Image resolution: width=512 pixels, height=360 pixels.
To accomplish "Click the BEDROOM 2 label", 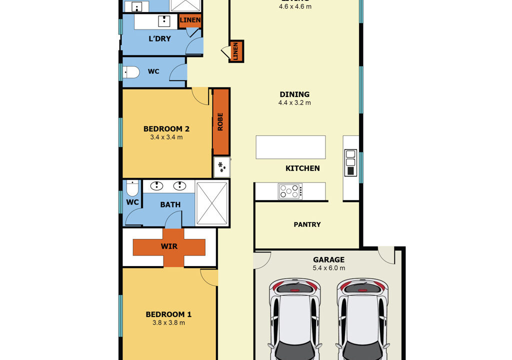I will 166,128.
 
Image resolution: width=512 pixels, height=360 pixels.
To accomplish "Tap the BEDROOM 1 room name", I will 168,314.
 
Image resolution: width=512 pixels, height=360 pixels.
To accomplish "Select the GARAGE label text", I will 328,259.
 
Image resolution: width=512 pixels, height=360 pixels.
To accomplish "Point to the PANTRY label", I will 307,224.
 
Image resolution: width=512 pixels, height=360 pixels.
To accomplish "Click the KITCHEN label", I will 302,168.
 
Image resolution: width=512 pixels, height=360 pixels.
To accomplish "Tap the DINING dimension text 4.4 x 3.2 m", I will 294,103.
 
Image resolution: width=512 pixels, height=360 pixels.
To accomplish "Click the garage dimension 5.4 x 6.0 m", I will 328,268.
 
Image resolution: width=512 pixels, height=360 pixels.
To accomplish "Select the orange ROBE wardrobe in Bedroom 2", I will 220,121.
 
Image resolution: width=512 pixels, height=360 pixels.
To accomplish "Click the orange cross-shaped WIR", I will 168,247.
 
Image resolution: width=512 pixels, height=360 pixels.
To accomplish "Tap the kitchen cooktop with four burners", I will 290,191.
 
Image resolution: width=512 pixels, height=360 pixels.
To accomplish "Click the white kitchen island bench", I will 290,147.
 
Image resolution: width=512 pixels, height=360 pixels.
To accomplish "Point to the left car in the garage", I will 295,320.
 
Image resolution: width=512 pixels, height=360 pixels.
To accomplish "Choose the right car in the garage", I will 362,320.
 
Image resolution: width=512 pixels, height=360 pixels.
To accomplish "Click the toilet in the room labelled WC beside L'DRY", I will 131,72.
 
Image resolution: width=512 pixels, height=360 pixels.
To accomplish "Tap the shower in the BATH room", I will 212,203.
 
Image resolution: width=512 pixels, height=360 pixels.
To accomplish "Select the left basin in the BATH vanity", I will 157,186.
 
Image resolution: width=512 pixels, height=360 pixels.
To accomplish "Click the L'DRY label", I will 159,38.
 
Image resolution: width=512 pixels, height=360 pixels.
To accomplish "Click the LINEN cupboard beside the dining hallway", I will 236,51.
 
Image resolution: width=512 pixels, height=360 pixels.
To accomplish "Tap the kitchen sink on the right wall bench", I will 350,157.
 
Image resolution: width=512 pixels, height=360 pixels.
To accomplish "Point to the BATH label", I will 170,204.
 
